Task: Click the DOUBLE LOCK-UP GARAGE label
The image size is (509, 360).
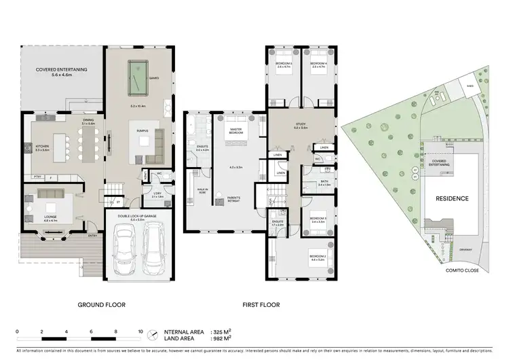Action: point(136,216)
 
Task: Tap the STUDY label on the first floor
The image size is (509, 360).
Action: point(300,124)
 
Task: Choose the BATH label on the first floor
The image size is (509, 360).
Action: point(324,181)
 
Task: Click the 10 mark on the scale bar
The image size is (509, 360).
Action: point(140,331)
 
